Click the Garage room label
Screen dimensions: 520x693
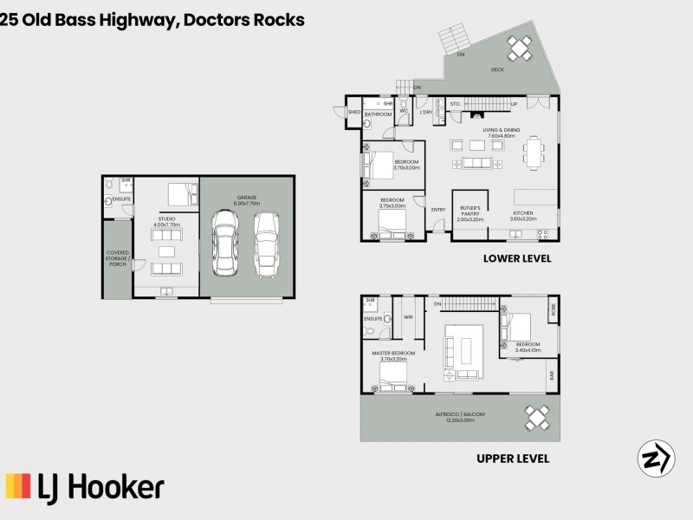tap(247, 199)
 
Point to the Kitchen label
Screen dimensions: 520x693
tap(522, 216)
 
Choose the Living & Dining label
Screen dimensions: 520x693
tap(501, 133)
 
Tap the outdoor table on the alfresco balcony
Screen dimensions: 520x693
tap(538, 418)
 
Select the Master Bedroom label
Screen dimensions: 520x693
tap(394, 355)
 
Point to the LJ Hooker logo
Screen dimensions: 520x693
tap(85, 488)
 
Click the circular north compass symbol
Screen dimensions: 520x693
tap(656, 458)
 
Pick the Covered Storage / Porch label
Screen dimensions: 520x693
tap(116, 259)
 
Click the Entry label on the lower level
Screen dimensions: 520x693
tap(438, 209)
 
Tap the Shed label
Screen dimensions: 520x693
tap(353, 113)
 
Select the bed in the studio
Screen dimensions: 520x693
tap(178, 192)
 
